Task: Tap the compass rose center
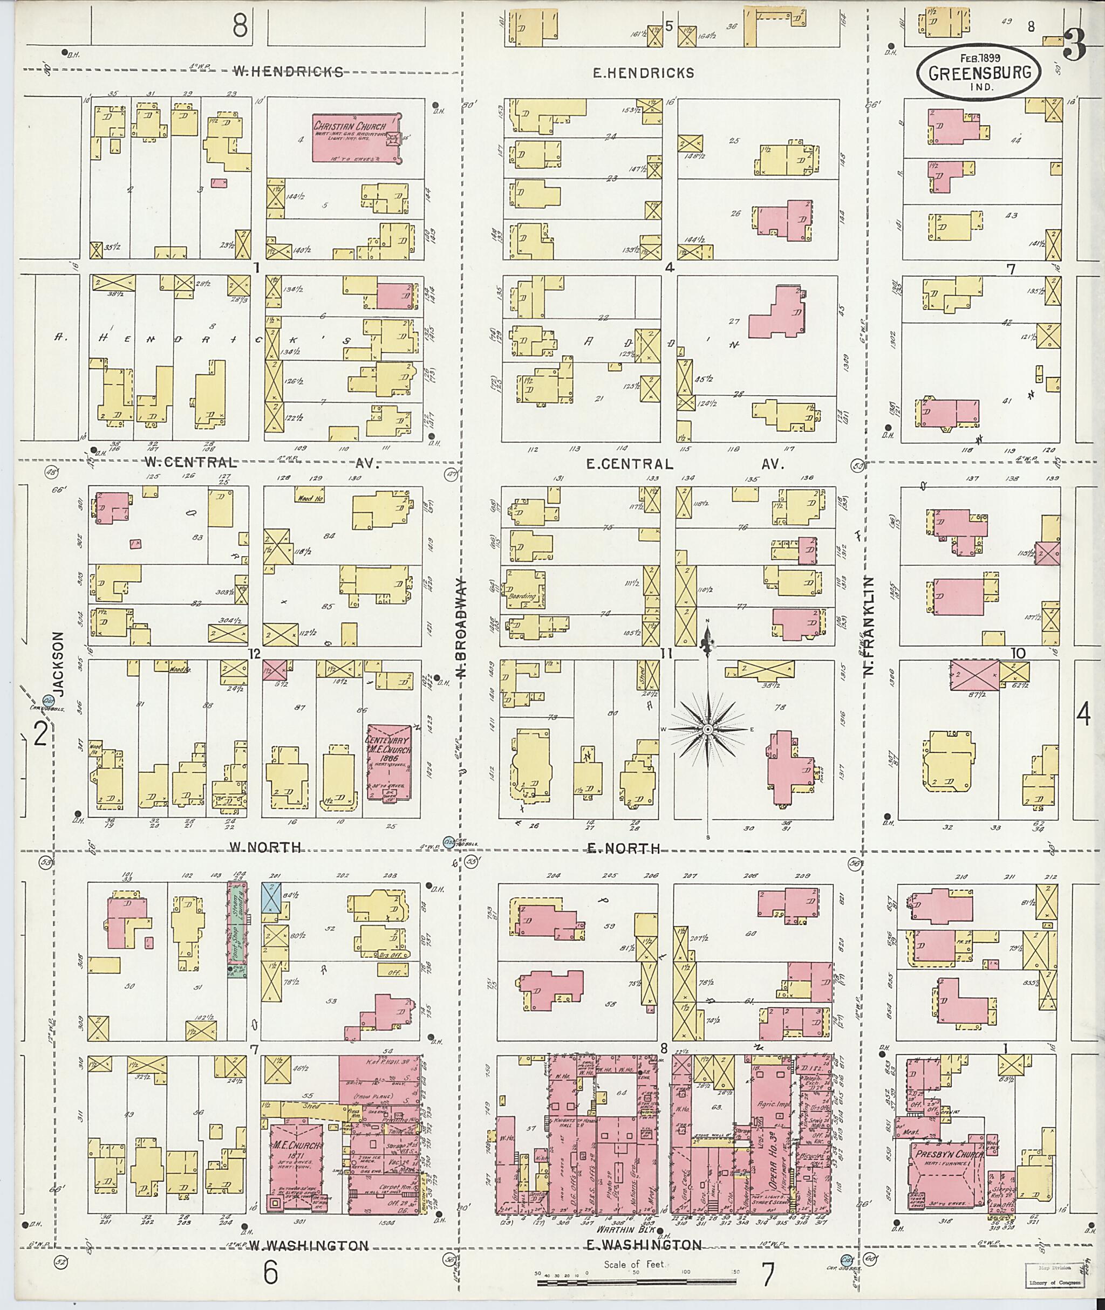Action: [x=707, y=730]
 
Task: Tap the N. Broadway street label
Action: [x=462, y=628]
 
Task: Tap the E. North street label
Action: [x=623, y=848]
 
